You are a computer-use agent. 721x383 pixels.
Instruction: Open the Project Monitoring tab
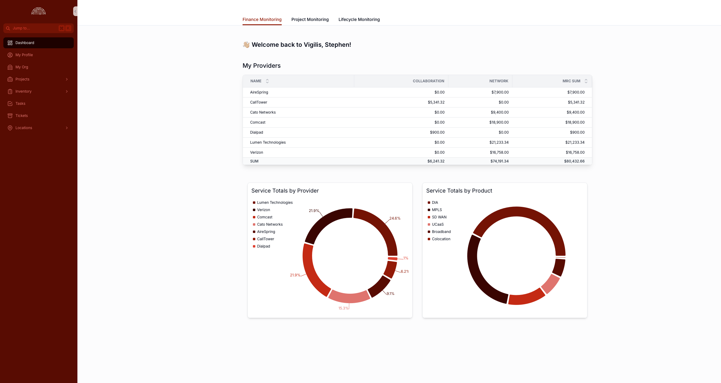pos(310,19)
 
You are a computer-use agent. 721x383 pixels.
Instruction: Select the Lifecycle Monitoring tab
pos(359,19)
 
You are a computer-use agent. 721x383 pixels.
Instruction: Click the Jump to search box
pos(33,28)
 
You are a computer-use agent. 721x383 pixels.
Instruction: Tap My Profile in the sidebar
pos(24,55)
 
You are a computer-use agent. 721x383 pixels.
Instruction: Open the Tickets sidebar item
pos(21,116)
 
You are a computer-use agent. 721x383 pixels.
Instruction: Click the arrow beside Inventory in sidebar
pos(67,91)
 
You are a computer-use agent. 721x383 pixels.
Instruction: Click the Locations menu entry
pos(24,128)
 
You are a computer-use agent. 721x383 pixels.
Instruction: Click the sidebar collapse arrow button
pos(75,11)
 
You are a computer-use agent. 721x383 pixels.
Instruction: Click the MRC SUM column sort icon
pos(586,81)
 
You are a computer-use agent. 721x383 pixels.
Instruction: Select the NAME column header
pos(256,81)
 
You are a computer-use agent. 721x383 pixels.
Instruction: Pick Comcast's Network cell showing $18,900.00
pos(499,122)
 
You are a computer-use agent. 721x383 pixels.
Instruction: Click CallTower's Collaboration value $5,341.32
pos(436,102)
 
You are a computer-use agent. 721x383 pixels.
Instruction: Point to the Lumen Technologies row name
pos(268,142)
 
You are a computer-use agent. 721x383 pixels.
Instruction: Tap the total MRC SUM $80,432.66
pos(574,161)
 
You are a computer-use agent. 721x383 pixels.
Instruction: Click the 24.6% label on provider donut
pos(395,218)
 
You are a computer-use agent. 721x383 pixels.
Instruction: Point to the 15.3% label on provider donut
pos(343,308)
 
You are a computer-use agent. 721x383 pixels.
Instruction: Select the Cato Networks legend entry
pos(270,224)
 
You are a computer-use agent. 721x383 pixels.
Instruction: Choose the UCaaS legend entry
pos(437,224)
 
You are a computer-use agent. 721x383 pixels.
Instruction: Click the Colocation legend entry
pos(441,239)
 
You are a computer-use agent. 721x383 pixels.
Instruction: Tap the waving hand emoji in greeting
pos(246,45)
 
